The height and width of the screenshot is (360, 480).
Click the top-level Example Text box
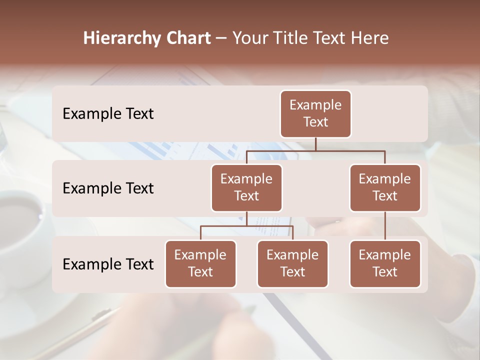click(315, 113)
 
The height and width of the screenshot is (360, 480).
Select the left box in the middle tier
click(246, 187)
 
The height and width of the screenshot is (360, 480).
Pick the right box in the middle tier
click(385, 187)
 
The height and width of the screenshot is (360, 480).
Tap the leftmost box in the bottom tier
click(200, 263)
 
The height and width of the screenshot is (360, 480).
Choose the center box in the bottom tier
click(292, 263)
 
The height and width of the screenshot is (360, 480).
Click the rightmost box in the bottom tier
click(385, 263)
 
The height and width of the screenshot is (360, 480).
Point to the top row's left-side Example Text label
click(108, 114)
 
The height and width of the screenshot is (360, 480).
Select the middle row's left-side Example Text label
click(108, 188)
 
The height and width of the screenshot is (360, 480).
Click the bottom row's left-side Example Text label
click(108, 264)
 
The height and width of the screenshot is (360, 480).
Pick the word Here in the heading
click(369, 38)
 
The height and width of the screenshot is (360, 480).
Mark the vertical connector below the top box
click(315, 144)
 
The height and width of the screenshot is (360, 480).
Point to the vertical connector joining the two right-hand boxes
click(385, 226)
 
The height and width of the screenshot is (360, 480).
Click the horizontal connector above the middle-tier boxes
click(315, 150)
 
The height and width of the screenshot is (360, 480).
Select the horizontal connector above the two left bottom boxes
click(246, 226)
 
